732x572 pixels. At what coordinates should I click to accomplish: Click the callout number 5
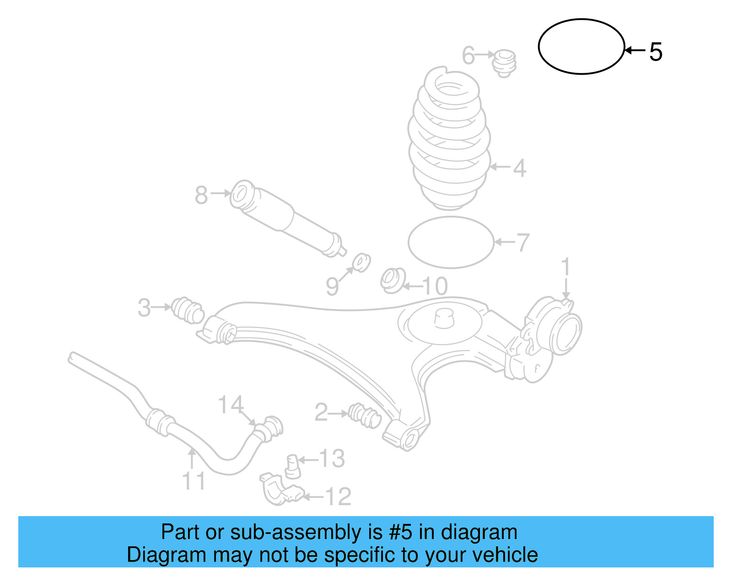pyautogui.click(x=656, y=52)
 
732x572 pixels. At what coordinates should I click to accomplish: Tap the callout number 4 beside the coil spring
pyautogui.click(x=519, y=168)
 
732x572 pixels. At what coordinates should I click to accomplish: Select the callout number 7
pyautogui.click(x=522, y=242)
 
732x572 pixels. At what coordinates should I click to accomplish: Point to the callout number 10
pyautogui.click(x=435, y=286)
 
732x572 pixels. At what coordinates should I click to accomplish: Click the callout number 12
pyautogui.click(x=338, y=496)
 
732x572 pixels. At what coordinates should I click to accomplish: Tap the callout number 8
pyautogui.click(x=201, y=195)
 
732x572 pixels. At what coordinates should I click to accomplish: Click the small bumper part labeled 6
pyautogui.click(x=504, y=63)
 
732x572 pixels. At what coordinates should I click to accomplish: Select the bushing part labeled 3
pyautogui.click(x=188, y=310)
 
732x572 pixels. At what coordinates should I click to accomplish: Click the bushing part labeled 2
pyautogui.click(x=365, y=415)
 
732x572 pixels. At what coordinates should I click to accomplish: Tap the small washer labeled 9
pyautogui.click(x=361, y=262)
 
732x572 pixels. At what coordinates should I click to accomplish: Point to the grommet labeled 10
pyautogui.click(x=393, y=280)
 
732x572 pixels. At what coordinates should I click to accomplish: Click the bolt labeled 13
pyautogui.click(x=293, y=467)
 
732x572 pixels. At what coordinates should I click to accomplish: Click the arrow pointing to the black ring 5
pyautogui.click(x=635, y=50)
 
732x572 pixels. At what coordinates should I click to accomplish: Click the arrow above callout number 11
pyautogui.click(x=192, y=458)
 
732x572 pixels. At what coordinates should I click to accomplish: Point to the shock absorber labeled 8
pyautogui.click(x=288, y=219)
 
